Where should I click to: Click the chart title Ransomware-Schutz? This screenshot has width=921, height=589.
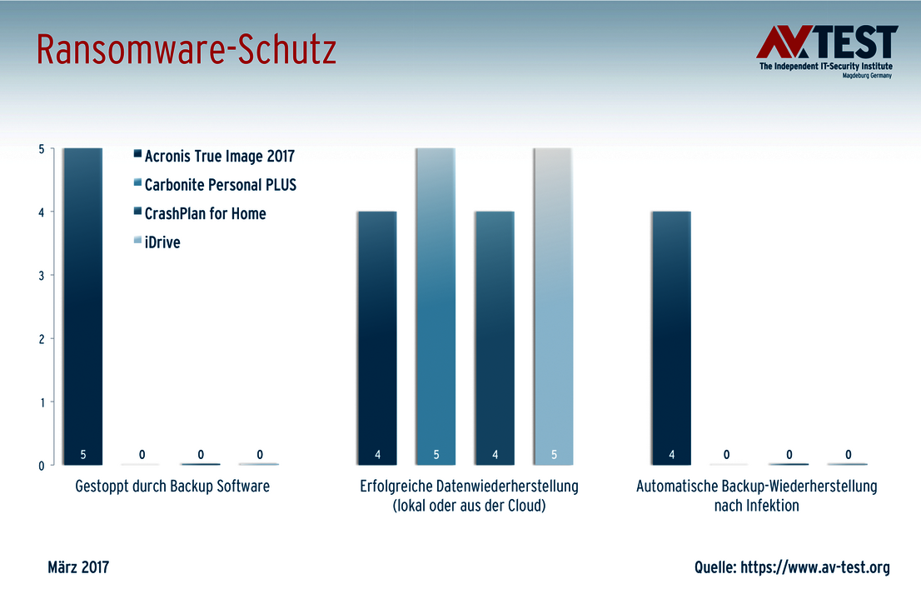tap(187, 51)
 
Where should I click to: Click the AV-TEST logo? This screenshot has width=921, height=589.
tap(826, 52)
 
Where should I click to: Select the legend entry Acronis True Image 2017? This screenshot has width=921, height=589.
tap(219, 156)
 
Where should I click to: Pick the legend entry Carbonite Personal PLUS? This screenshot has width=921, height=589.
tap(220, 185)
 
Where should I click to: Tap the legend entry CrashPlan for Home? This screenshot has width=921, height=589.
tap(205, 213)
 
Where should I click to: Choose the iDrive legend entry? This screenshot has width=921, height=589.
tap(162, 242)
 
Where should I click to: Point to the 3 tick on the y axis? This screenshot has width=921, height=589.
tap(41, 275)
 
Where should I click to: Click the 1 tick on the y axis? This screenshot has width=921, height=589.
tap(41, 402)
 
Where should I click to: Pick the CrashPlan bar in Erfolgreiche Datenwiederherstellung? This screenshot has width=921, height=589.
tap(494, 333)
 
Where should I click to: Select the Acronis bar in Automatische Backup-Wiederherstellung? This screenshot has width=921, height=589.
tap(671, 333)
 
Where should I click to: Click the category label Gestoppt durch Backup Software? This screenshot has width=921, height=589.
tap(172, 486)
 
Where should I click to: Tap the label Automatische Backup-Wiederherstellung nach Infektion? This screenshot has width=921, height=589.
tap(756, 495)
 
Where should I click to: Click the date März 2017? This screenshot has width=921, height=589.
tap(78, 567)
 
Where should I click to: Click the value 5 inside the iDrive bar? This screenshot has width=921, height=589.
tap(553, 455)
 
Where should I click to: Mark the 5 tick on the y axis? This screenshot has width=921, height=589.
tap(41, 148)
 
